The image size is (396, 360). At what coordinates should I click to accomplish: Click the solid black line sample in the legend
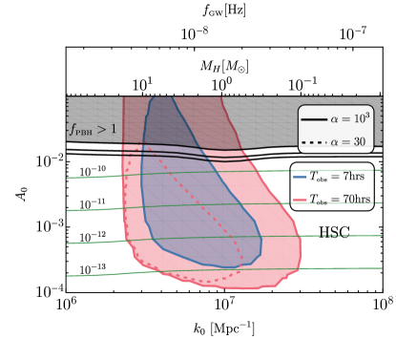314,119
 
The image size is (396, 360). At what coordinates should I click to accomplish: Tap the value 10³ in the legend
362,118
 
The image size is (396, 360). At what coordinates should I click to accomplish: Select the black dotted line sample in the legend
314,142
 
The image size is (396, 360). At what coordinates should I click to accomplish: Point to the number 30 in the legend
359,142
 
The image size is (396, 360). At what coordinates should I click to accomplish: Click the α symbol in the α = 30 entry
335,142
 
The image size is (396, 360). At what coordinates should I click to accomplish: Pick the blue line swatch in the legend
300,177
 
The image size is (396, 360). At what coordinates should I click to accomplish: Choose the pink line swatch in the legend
300,200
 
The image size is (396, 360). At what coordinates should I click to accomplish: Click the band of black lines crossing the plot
181,150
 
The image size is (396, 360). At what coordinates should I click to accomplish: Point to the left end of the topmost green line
69,178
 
